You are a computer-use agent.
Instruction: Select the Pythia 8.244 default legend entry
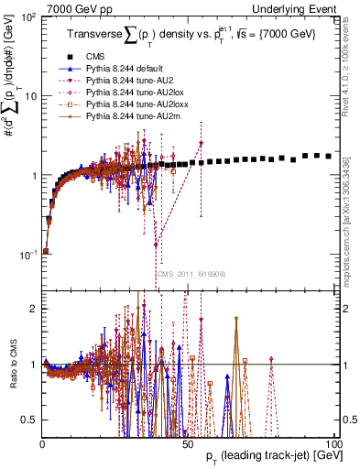[x=116, y=68]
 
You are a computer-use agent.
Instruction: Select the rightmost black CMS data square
[x=329, y=157]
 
